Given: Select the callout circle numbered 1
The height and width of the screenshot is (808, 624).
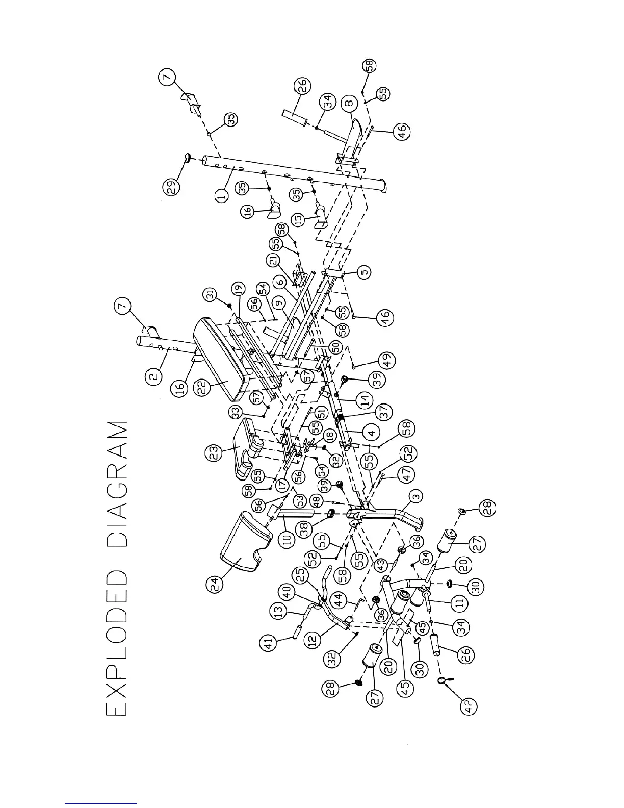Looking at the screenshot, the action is (x=221, y=196).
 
